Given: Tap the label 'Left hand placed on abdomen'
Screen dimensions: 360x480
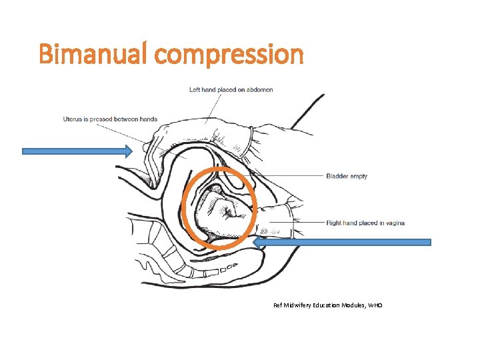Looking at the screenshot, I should (231, 89).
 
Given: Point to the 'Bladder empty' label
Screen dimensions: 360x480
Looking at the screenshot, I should (347, 177).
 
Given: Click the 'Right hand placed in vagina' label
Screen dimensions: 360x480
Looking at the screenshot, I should (365, 223).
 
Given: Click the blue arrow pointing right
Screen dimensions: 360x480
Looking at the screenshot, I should (77, 151).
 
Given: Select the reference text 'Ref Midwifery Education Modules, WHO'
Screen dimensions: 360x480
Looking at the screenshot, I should (328, 305).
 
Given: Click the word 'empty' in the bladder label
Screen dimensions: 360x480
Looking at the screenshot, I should (359, 177).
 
